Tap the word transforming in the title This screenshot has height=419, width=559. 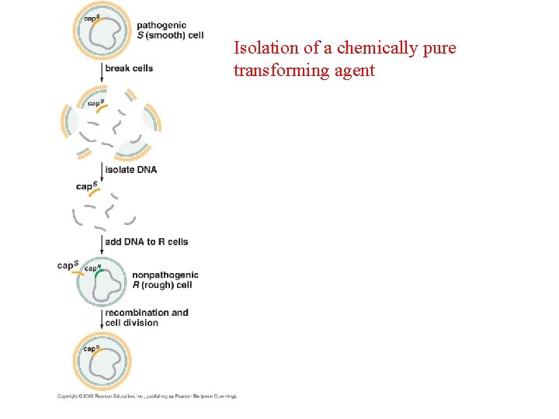281,71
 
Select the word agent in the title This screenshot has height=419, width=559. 354,71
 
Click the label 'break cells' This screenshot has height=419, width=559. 129,68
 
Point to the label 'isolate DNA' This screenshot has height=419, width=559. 130,169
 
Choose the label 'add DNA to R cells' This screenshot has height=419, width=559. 146,241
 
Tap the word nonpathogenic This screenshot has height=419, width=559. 165,275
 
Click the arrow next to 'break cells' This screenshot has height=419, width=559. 102,71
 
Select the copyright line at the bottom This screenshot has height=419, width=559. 147,396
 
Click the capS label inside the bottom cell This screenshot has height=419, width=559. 92,348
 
